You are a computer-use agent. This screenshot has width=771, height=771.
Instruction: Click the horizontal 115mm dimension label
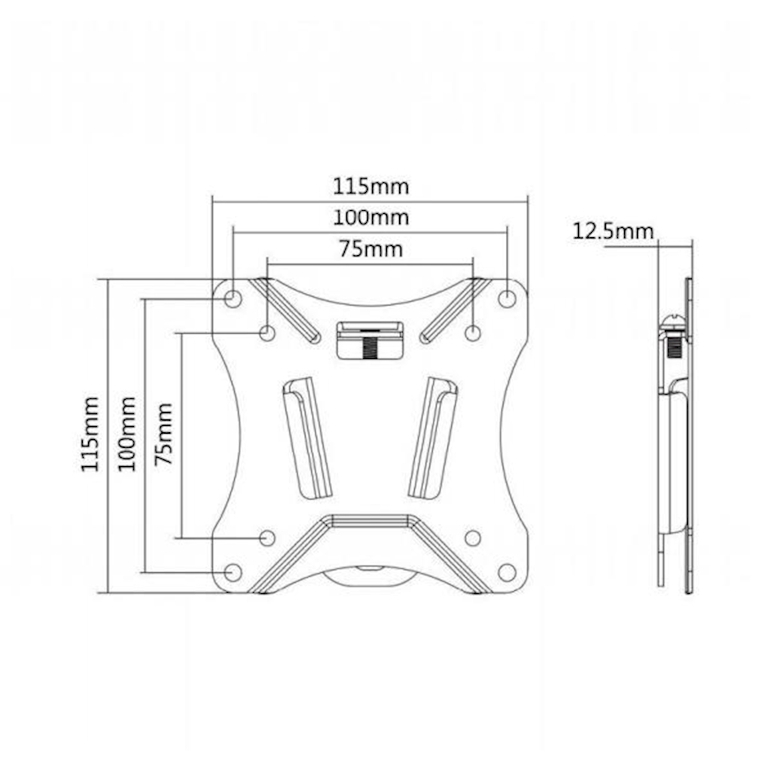[x=370, y=187]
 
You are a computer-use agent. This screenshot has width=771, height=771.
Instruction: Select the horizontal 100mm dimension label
[x=370, y=218]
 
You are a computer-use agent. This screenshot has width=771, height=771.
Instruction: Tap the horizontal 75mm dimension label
[x=370, y=249]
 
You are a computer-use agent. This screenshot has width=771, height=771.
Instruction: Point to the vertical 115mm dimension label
[x=90, y=434]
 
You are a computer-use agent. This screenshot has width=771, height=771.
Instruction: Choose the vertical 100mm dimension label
[x=126, y=434]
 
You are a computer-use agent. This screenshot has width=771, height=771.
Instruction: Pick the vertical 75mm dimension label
[x=163, y=434]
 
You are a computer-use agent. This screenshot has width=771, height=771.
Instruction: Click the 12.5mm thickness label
[x=613, y=231]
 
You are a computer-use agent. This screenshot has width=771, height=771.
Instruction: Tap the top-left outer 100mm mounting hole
[x=233, y=298]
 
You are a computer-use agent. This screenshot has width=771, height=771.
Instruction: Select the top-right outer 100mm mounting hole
[x=507, y=298]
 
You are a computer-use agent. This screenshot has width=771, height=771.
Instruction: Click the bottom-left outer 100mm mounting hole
[x=233, y=572]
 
